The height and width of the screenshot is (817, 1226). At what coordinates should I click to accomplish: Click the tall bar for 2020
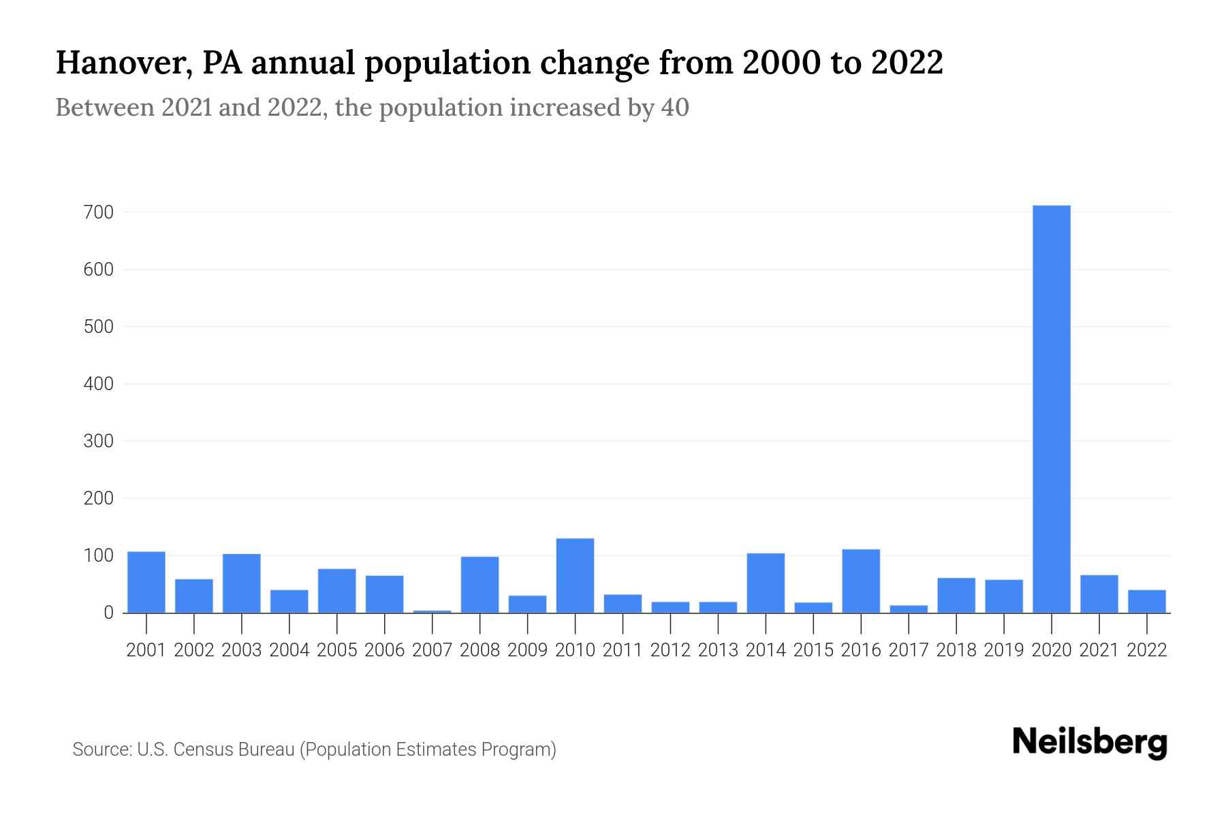coord(1051,408)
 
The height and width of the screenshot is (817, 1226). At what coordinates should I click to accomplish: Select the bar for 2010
coord(575,576)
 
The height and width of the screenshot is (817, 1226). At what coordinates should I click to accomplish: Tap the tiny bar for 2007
coord(432,611)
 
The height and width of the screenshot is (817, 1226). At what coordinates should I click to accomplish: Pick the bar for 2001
coord(146,582)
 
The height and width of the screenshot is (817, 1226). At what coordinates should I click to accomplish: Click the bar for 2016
coord(861,581)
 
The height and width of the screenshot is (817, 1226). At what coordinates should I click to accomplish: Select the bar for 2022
coord(1146,601)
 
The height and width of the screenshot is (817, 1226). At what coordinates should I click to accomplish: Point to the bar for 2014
coord(766,583)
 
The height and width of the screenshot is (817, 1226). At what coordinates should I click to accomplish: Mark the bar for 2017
coord(909,609)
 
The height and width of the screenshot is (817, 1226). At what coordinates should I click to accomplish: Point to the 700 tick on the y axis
coord(98,212)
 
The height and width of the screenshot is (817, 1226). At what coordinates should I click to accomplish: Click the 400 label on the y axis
coord(98,384)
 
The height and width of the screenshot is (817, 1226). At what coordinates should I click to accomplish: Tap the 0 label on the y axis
coord(108,613)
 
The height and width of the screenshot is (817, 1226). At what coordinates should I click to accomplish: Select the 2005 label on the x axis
coord(337,650)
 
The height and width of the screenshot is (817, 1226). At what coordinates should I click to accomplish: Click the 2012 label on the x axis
coord(670,650)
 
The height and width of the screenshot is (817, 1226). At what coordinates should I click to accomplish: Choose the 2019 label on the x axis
coord(1004,650)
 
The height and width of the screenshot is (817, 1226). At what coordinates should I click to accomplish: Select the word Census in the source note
coord(200,750)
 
